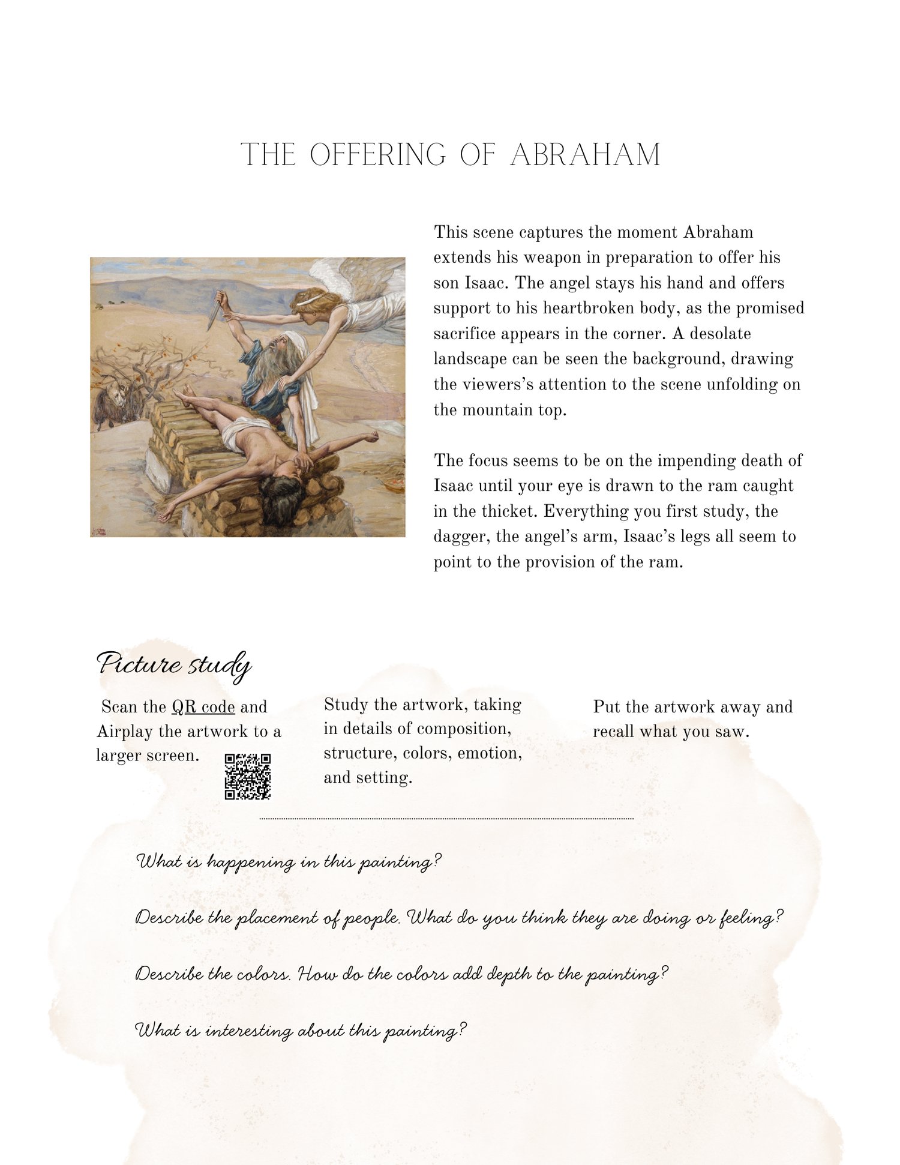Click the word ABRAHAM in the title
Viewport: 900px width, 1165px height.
(585, 155)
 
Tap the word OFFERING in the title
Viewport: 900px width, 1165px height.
(378, 155)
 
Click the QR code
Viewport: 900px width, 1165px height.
(248, 777)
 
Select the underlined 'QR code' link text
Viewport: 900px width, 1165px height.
(203, 707)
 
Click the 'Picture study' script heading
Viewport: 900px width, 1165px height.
(173, 665)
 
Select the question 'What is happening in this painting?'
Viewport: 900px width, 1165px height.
(289, 862)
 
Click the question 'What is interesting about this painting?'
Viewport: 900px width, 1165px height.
(301, 1031)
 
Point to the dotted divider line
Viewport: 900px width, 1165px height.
(446, 819)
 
